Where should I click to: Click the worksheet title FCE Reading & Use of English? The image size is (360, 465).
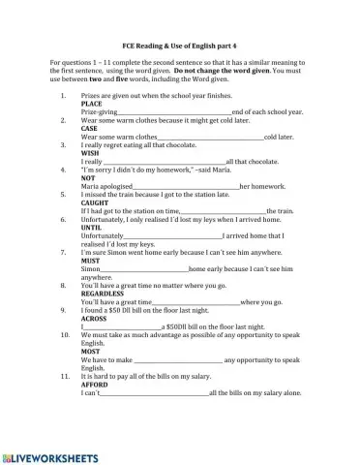pyautogui.click(x=180, y=47)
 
